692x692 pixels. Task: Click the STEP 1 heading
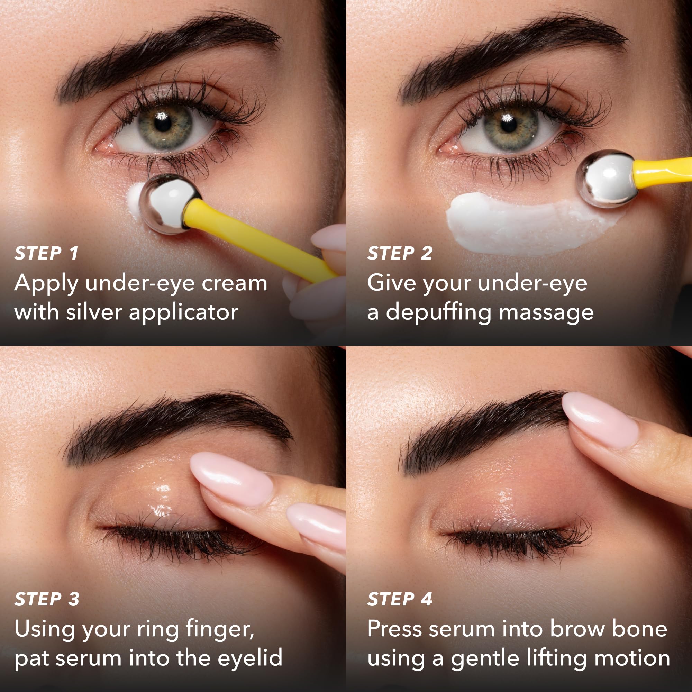point(46,253)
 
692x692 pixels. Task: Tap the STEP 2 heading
point(400,253)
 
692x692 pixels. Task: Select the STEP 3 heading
point(47,599)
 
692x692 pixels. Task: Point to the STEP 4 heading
point(400,599)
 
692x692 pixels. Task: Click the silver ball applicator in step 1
point(170,204)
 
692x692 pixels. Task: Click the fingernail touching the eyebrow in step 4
point(600,420)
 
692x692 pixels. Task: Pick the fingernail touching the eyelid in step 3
point(231,479)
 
